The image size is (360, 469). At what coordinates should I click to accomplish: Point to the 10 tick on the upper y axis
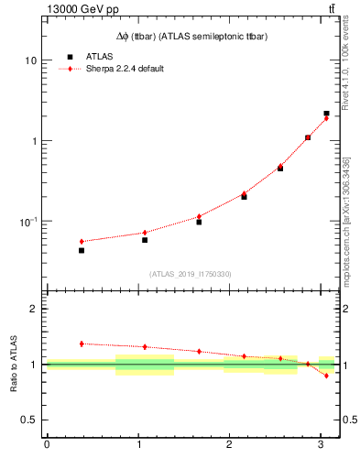[30, 60]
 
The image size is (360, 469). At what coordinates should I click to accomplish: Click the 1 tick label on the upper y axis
[33, 141]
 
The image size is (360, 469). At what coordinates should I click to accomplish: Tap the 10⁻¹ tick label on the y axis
[28, 222]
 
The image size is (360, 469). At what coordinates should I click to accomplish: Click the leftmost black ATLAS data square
[82, 250]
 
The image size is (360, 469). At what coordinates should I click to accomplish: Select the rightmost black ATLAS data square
[326, 114]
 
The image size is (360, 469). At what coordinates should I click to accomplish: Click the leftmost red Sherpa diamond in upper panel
[82, 241]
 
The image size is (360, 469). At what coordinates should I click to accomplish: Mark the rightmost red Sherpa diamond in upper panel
[326, 118]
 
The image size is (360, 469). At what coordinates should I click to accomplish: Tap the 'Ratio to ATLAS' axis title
[13, 364]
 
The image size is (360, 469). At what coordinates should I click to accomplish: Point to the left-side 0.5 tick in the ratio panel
[29, 420]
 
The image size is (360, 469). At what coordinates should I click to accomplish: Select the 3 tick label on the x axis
[321, 445]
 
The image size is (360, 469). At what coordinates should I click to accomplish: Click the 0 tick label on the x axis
[47, 445]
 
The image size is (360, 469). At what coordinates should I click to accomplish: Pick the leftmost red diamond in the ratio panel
[82, 344]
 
